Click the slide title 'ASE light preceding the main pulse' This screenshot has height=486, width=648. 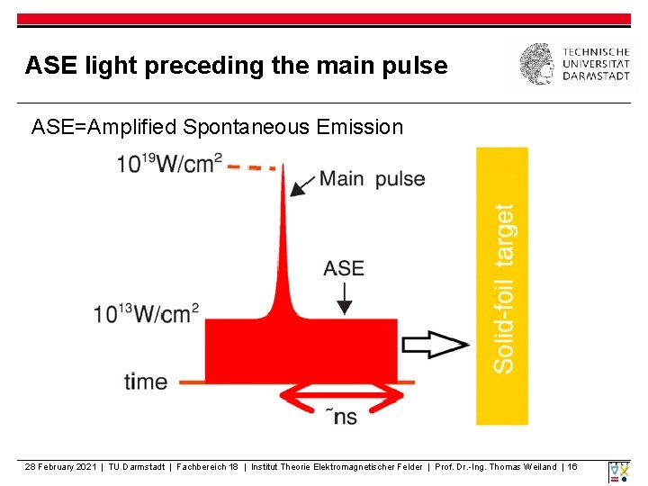[x=236, y=66]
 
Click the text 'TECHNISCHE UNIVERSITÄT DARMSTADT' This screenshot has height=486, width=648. [x=596, y=64]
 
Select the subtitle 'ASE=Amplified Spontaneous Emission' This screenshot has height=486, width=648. [x=217, y=127]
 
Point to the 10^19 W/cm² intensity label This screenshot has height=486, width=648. [x=168, y=164]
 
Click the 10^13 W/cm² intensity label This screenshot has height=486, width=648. [x=146, y=313]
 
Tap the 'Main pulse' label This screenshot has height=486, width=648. [x=372, y=178]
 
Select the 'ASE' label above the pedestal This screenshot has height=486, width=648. [x=344, y=267]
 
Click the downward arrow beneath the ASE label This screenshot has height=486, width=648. [x=344, y=298]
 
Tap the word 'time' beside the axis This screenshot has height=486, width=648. [x=146, y=382]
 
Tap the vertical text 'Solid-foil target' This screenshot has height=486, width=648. [x=503, y=287]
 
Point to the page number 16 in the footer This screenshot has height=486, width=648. [x=572, y=467]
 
